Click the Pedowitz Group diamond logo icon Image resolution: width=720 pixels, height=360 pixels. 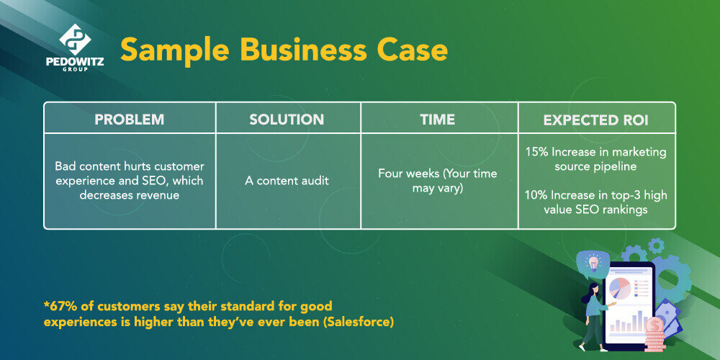[75, 40]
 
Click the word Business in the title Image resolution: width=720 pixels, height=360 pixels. [304, 50]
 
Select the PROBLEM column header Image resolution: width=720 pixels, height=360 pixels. [129, 120]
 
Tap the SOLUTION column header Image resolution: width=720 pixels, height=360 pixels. [287, 120]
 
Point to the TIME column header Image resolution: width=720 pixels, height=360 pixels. [438, 120]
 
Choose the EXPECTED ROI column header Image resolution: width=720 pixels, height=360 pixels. [596, 120]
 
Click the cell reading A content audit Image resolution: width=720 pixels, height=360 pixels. [287, 181]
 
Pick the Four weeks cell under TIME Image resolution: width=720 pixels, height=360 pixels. [438, 181]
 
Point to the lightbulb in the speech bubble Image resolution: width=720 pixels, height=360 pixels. [593, 263]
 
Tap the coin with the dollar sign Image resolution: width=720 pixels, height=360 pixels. [654, 325]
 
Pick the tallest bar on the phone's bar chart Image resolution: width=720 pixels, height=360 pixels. [638, 321]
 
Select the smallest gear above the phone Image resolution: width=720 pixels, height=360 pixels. [656, 246]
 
